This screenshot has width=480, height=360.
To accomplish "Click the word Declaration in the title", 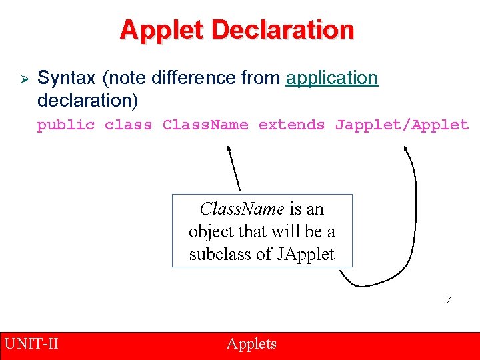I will point(281,30).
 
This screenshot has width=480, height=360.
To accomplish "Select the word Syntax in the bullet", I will point(67,78).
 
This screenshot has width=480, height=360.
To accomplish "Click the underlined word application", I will point(331,78).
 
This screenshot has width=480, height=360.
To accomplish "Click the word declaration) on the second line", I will point(87,101).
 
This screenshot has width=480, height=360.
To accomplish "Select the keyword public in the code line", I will point(66,125).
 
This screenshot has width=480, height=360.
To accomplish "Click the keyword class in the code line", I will point(129,125).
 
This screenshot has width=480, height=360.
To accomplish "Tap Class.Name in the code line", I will point(205,125).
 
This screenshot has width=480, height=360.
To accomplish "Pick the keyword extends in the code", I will point(292,125).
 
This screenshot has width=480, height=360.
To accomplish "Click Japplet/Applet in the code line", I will point(402,125).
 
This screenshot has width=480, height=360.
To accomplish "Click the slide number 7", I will point(449,300).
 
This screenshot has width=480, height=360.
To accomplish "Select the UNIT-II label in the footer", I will point(31,344).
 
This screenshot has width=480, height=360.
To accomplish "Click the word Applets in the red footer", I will point(251,344).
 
